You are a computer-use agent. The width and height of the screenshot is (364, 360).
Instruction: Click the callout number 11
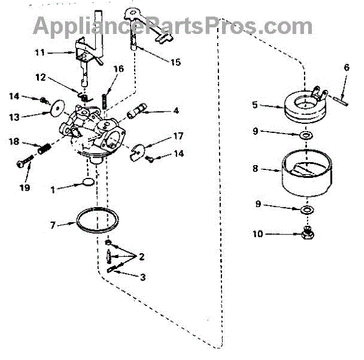[x=40, y=53]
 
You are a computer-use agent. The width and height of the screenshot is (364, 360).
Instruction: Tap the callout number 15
[x=176, y=62]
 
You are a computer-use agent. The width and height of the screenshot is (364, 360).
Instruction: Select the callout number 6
[x=346, y=67]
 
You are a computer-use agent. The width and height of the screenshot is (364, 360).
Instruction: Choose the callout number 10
[x=258, y=233]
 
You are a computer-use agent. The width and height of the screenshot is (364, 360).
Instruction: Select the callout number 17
[x=178, y=136]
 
